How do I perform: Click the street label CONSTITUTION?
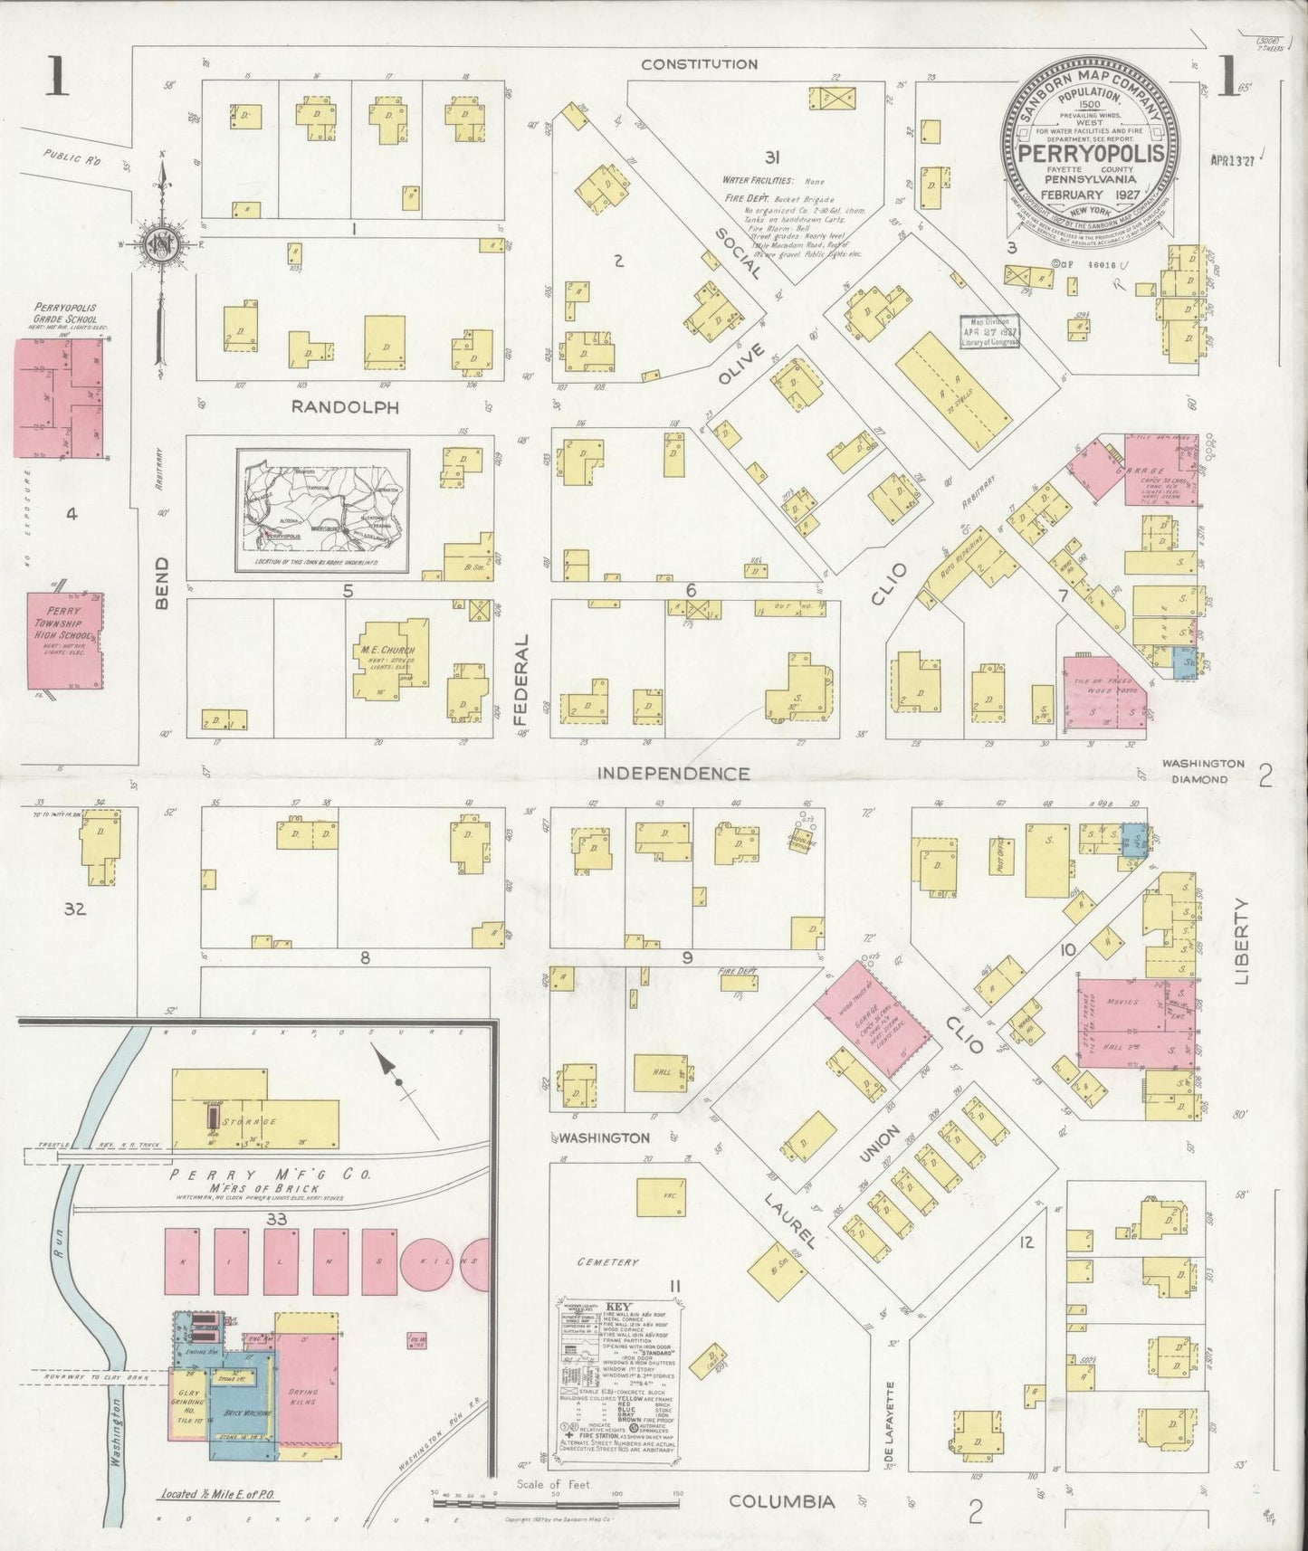click(699, 64)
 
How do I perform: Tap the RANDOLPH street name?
click(345, 408)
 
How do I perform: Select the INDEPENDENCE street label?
click(674, 774)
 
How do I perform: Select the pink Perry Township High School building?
click(63, 641)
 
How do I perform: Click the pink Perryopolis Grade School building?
click(60, 397)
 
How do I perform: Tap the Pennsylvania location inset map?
click(323, 511)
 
